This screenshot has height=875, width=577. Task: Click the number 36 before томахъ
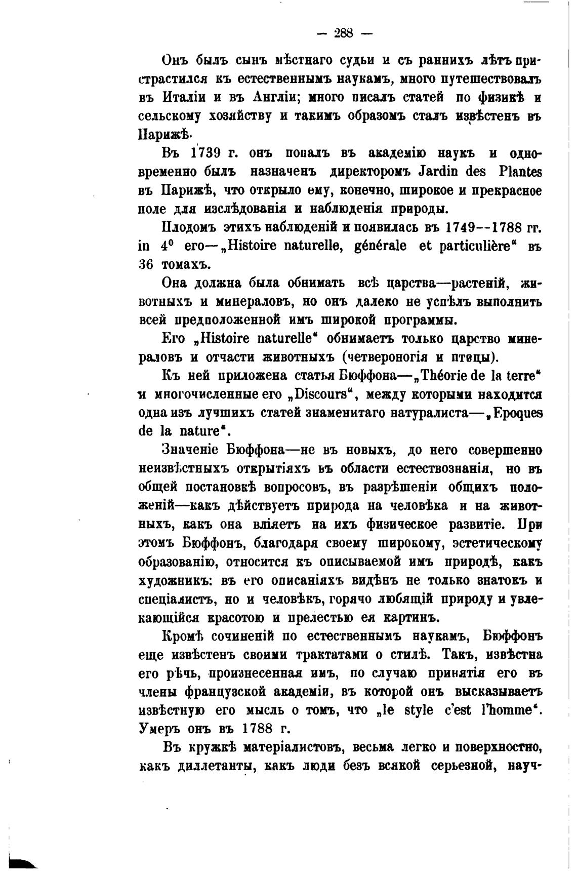[x=146, y=264]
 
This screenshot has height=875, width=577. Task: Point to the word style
[x=418, y=710]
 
